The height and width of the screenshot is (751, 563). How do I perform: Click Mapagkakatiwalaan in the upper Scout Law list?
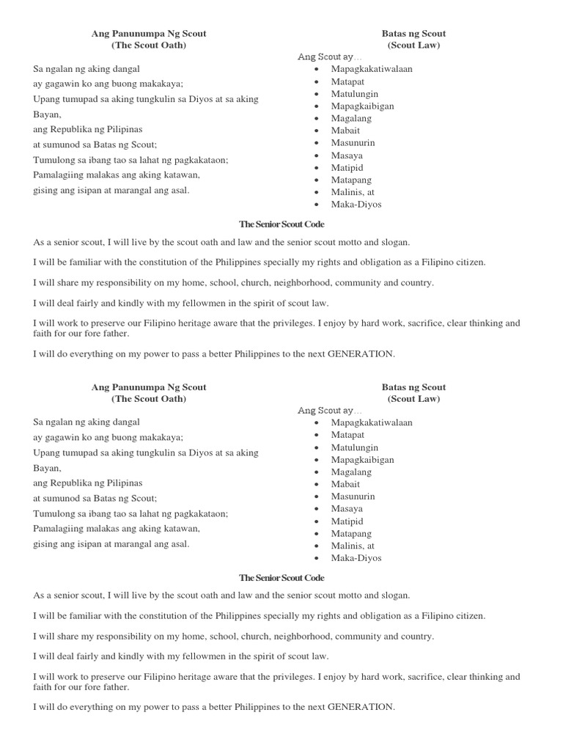coord(372,69)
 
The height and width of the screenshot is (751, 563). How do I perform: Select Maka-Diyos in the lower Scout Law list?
coord(356,558)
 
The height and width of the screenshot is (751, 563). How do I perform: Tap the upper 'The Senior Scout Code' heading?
coord(281,224)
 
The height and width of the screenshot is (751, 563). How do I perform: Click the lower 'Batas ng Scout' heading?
coord(413,387)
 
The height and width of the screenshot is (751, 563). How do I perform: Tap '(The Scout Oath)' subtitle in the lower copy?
coord(149,399)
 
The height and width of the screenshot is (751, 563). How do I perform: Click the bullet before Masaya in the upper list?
coord(315,155)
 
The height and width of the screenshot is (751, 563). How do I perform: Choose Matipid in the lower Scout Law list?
coord(347,521)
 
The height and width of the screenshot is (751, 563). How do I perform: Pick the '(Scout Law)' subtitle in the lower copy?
coord(413,399)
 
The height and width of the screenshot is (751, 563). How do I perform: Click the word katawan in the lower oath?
coord(183,529)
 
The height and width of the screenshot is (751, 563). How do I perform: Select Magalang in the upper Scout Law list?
coord(351,118)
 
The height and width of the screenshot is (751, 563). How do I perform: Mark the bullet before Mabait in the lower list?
coord(315,485)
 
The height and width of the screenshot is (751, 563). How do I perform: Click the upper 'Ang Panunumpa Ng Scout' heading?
coord(149,34)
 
